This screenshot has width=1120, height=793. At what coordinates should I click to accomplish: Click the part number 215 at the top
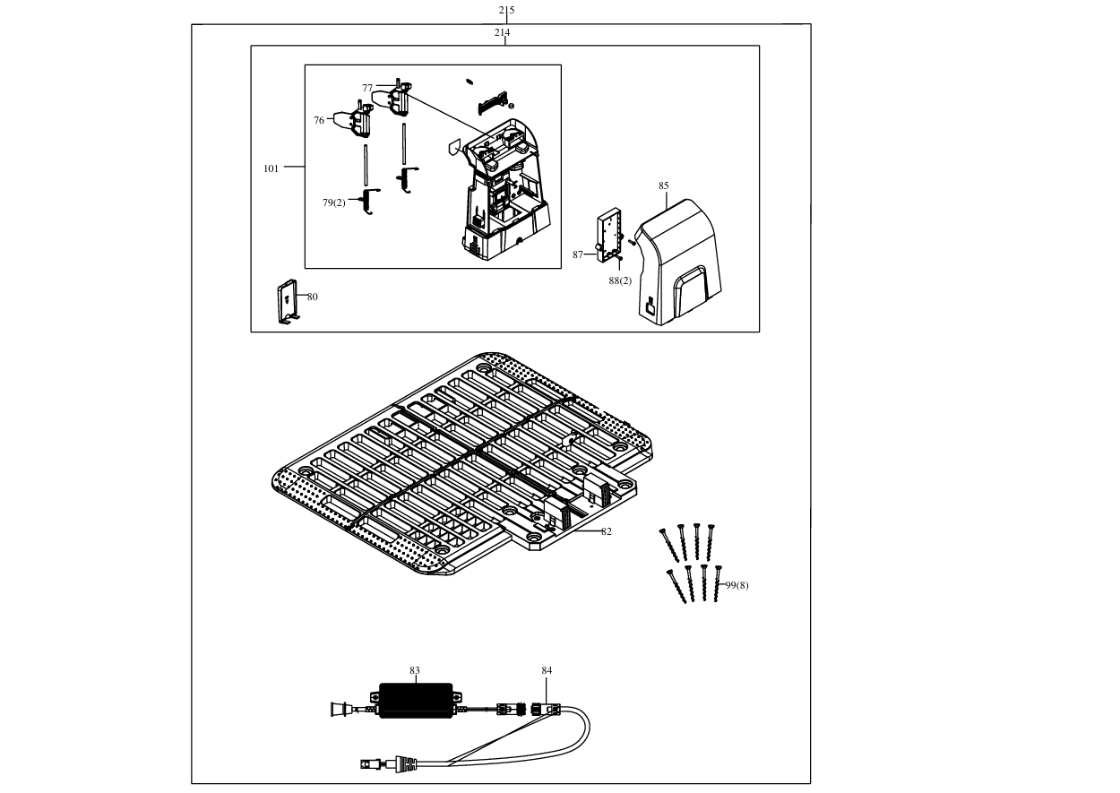point(506,10)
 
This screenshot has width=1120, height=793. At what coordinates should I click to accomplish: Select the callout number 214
point(502,32)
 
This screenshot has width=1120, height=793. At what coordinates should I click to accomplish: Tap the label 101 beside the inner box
point(271,169)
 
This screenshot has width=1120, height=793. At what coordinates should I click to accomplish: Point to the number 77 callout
point(367,88)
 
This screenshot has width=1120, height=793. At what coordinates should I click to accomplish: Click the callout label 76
point(319,120)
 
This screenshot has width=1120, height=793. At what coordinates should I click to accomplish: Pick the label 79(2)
point(334,203)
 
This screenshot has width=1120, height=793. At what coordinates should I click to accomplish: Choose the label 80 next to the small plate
point(313,297)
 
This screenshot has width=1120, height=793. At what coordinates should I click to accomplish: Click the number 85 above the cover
point(664,186)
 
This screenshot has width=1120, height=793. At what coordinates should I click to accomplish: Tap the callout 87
point(578,255)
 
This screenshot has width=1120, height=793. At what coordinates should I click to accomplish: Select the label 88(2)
point(620,281)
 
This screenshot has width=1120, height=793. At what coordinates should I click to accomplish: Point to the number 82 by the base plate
point(607,532)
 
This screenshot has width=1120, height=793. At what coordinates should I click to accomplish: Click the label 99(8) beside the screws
point(737,585)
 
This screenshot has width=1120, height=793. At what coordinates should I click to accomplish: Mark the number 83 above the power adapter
point(415,670)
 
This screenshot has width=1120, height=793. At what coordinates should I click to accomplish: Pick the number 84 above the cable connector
point(547,670)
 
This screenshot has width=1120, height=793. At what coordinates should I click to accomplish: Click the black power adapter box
point(416,701)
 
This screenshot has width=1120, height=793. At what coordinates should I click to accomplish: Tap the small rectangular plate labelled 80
point(288,301)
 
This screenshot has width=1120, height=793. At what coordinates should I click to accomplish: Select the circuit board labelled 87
point(609,235)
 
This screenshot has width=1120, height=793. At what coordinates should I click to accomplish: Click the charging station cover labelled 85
point(680,263)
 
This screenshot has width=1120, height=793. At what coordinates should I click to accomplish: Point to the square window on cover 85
point(650,308)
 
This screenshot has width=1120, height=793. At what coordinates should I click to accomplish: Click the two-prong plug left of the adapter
point(342,709)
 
